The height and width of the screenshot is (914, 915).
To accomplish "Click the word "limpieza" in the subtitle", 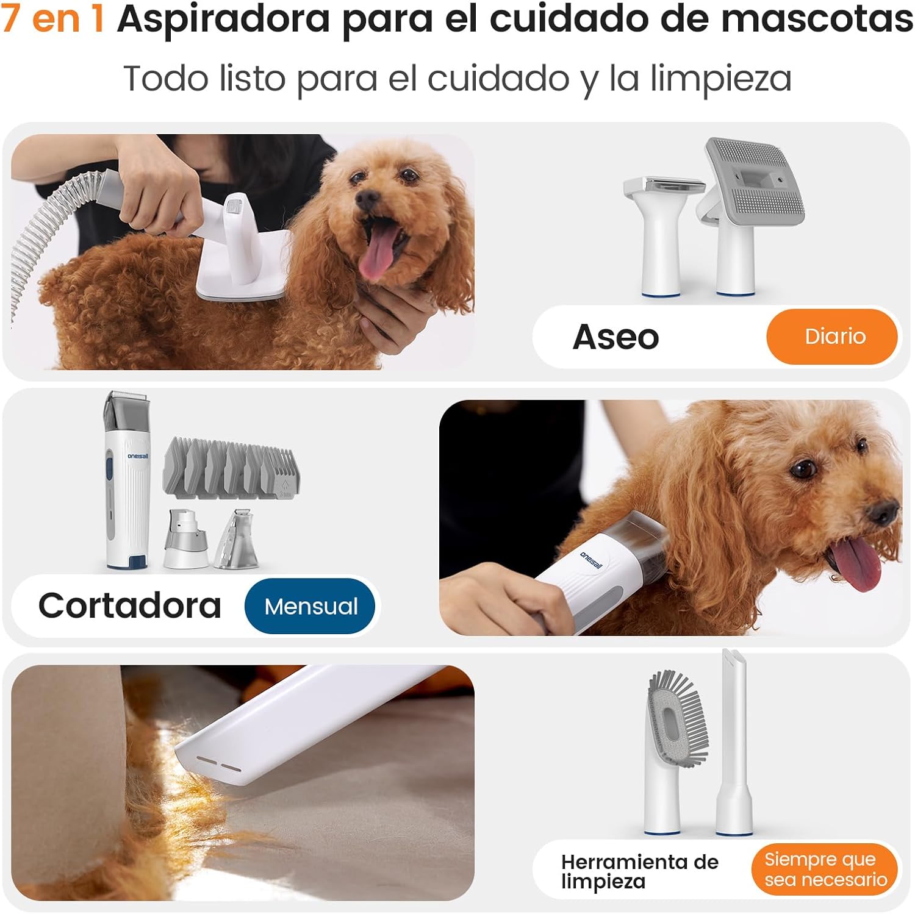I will pyautogui.click(x=720, y=79).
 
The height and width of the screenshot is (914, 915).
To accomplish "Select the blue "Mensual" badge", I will pyautogui.click(x=310, y=606).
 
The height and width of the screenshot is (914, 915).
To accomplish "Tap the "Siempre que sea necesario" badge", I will pyautogui.click(x=825, y=869).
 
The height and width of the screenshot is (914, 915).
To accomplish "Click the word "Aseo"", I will pyautogui.click(x=615, y=337).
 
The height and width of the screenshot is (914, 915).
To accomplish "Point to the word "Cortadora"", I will pyautogui.click(x=129, y=606).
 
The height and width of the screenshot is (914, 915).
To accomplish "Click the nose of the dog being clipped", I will pyautogui.click(x=883, y=513).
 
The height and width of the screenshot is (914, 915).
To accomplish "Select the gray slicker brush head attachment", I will pyautogui.click(x=754, y=183).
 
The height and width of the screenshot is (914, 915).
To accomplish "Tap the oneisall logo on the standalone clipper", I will pyautogui.click(x=138, y=455).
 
